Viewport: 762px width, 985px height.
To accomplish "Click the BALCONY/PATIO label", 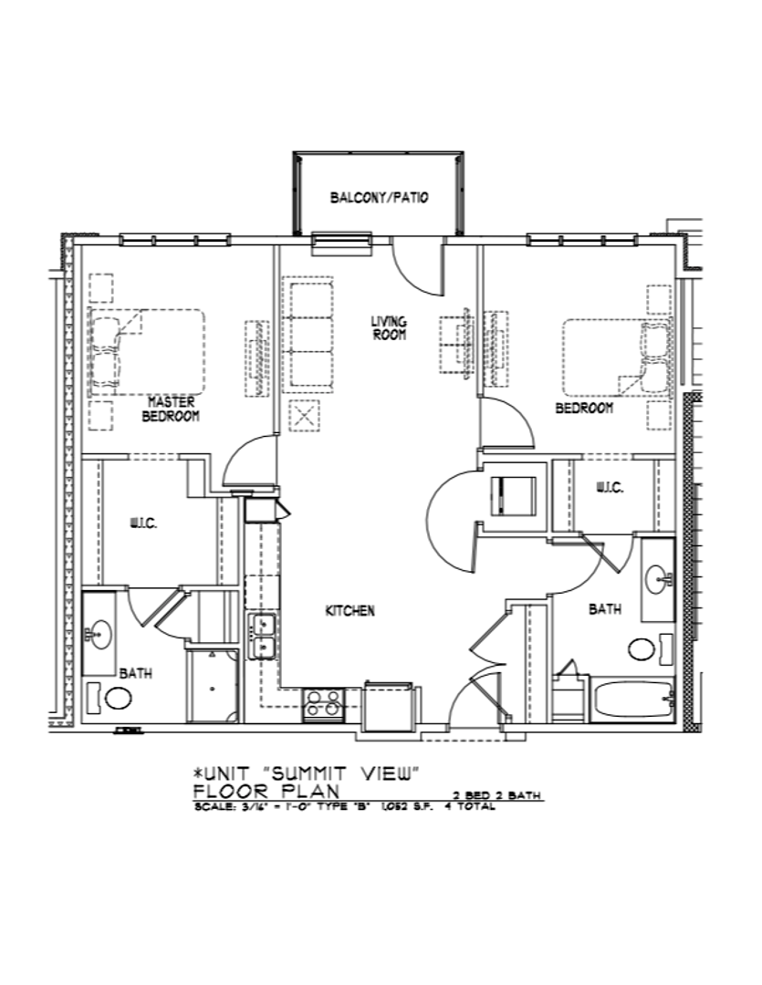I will point(379,198).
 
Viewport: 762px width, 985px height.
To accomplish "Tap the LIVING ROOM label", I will point(389,327).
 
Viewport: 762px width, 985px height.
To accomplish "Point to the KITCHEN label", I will point(350,611).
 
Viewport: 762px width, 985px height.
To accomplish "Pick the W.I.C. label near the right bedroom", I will point(610,488).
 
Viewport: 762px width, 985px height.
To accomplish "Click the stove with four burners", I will point(323,702).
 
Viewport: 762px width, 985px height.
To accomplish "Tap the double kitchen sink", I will point(264,637).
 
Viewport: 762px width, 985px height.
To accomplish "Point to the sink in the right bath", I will point(657,576).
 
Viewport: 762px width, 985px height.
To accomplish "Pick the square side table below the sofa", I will point(303,417).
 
